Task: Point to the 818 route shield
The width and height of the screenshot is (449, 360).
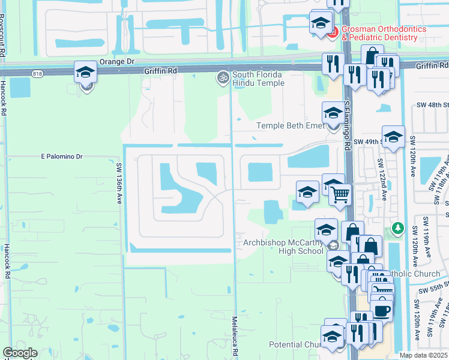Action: point(38,73)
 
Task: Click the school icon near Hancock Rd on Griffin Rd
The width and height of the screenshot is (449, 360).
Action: point(86,73)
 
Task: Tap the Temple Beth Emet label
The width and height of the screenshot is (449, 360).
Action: point(291,125)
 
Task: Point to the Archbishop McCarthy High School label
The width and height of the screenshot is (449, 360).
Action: point(283,247)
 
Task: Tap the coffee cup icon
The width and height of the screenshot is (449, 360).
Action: point(382,311)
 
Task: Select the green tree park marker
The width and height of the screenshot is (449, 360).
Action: point(397,228)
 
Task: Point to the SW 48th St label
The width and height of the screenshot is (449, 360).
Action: point(432,105)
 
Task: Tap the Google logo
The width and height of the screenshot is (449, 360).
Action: point(20,353)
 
